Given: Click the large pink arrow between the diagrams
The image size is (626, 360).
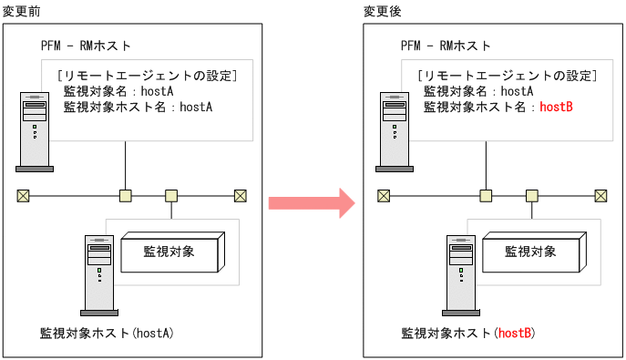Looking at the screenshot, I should [x=310, y=202].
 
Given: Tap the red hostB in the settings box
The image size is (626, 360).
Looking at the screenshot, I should [x=556, y=107].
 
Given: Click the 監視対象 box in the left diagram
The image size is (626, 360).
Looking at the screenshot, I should [x=169, y=251].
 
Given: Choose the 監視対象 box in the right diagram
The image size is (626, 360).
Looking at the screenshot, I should [x=530, y=251].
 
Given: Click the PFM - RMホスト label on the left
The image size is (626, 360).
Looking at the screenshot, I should [x=86, y=46].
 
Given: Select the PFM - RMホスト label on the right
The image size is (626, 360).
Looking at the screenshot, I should [x=446, y=46].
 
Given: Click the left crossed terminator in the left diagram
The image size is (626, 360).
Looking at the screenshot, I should [x=23, y=195].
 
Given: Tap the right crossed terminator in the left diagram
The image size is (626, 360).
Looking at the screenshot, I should [x=241, y=195].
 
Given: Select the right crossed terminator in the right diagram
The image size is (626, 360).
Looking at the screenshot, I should [x=601, y=195].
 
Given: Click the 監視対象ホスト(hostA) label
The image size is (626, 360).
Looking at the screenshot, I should [x=107, y=334].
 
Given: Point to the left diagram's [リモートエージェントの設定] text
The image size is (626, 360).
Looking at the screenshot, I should [x=147, y=75].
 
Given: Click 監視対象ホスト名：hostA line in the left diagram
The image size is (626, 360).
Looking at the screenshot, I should [x=138, y=107].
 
